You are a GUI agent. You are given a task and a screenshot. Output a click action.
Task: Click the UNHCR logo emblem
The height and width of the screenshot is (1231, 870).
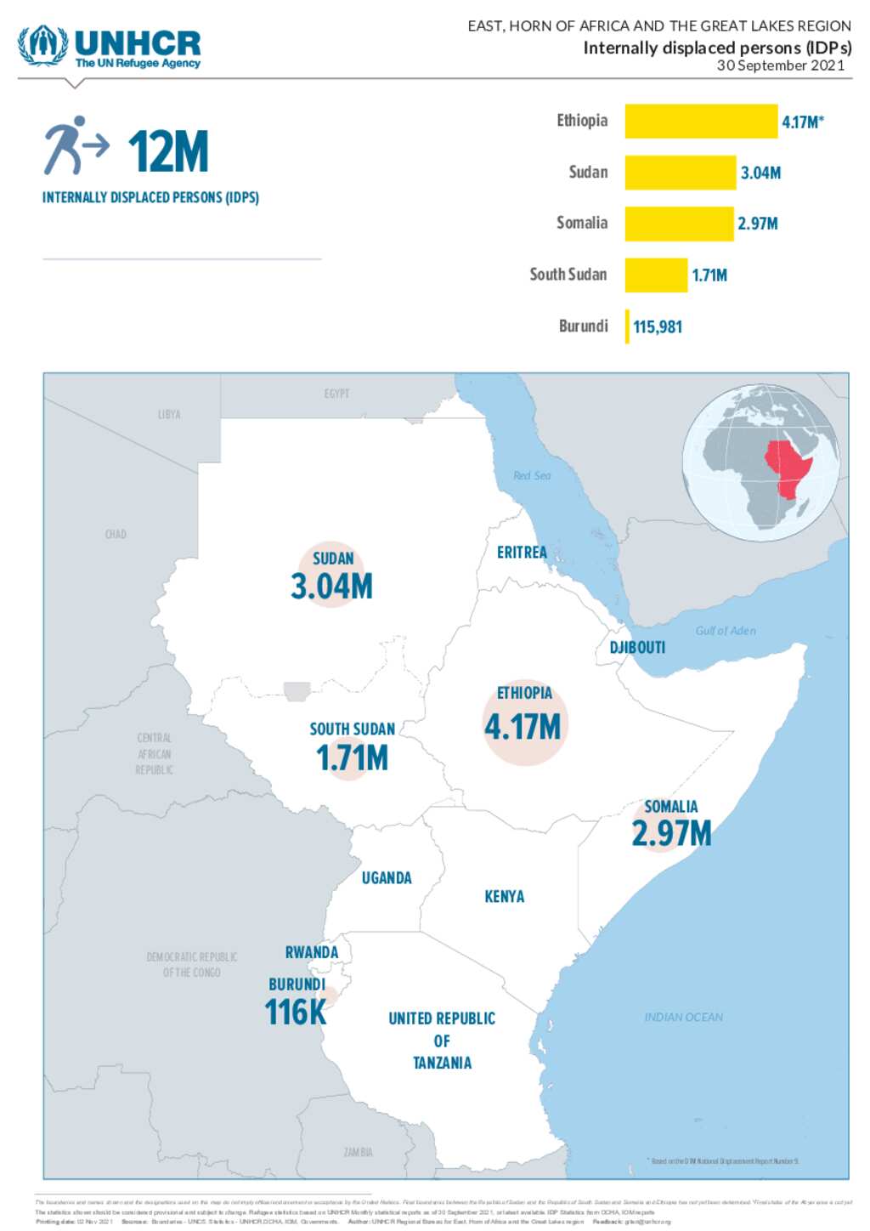click(42, 45)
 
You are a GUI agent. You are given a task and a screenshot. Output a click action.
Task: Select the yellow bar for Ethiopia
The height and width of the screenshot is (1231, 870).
click(700, 121)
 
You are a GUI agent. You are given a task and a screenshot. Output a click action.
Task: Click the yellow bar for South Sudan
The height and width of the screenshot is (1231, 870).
click(655, 275)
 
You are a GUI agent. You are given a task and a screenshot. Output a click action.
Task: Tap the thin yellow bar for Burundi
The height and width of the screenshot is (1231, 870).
click(627, 326)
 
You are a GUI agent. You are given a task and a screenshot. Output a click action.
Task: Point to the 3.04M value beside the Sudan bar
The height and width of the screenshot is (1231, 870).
click(760, 173)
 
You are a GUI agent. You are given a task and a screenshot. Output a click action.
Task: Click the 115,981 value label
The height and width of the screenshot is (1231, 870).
click(658, 326)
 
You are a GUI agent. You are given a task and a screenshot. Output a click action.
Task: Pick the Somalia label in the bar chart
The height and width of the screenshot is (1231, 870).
click(582, 223)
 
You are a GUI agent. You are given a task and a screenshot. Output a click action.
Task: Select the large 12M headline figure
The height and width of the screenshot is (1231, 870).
click(168, 152)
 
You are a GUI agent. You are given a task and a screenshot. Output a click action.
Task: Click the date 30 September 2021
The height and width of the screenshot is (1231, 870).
click(780, 65)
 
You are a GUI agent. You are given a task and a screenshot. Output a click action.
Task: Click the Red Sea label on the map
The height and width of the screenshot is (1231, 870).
click(532, 475)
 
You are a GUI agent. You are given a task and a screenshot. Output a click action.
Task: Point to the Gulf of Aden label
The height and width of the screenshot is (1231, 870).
click(725, 630)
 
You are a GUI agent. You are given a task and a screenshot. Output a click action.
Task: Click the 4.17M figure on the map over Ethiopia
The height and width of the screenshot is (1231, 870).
click(523, 727)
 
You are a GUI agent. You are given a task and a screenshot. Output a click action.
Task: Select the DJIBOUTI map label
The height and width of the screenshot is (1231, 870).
click(637, 647)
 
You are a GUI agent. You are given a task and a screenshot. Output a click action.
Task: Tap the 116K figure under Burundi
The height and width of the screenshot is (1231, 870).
click(295, 1013)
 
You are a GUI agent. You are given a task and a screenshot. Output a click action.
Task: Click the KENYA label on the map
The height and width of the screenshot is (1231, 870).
click(504, 896)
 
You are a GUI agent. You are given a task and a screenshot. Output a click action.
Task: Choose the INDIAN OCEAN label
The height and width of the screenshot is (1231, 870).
click(683, 1017)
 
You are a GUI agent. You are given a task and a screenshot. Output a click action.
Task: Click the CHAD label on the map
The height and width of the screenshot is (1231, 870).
click(116, 534)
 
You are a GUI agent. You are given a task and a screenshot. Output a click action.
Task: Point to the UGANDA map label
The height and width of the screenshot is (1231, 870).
click(387, 877)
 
